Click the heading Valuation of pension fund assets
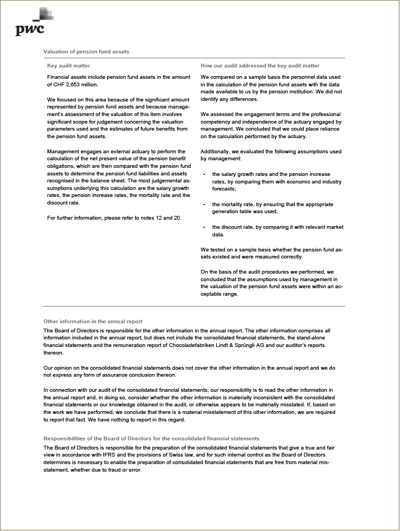[x=86, y=52]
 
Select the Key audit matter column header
[x=69, y=66]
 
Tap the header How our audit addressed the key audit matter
[x=259, y=66]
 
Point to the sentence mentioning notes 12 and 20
[x=114, y=217]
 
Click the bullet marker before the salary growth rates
[x=204, y=175]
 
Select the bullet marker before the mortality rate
[x=204, y=205]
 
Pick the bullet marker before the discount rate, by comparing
[x=204, y=228]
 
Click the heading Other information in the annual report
[x=92, y=322]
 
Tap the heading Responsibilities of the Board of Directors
[x=151, y=439]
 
